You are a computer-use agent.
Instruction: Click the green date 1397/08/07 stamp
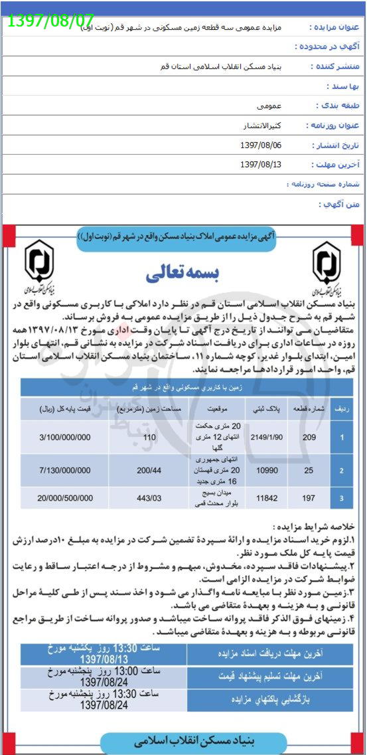(50, 19)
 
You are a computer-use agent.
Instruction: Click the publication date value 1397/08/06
(261, 145)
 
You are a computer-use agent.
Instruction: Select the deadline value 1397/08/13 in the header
(261, 164)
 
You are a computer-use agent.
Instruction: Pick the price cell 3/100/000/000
(65, 438)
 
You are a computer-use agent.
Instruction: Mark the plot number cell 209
(309, 438)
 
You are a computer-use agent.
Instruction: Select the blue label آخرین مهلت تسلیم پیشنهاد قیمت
(270, 677)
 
